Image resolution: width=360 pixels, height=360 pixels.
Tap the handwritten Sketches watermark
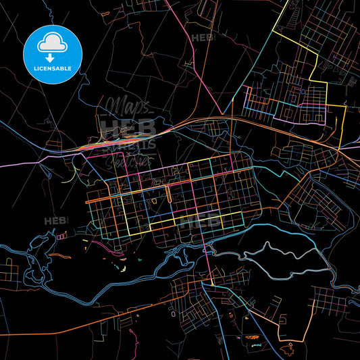(128, 160)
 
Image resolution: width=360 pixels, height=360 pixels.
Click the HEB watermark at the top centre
(201, 38)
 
